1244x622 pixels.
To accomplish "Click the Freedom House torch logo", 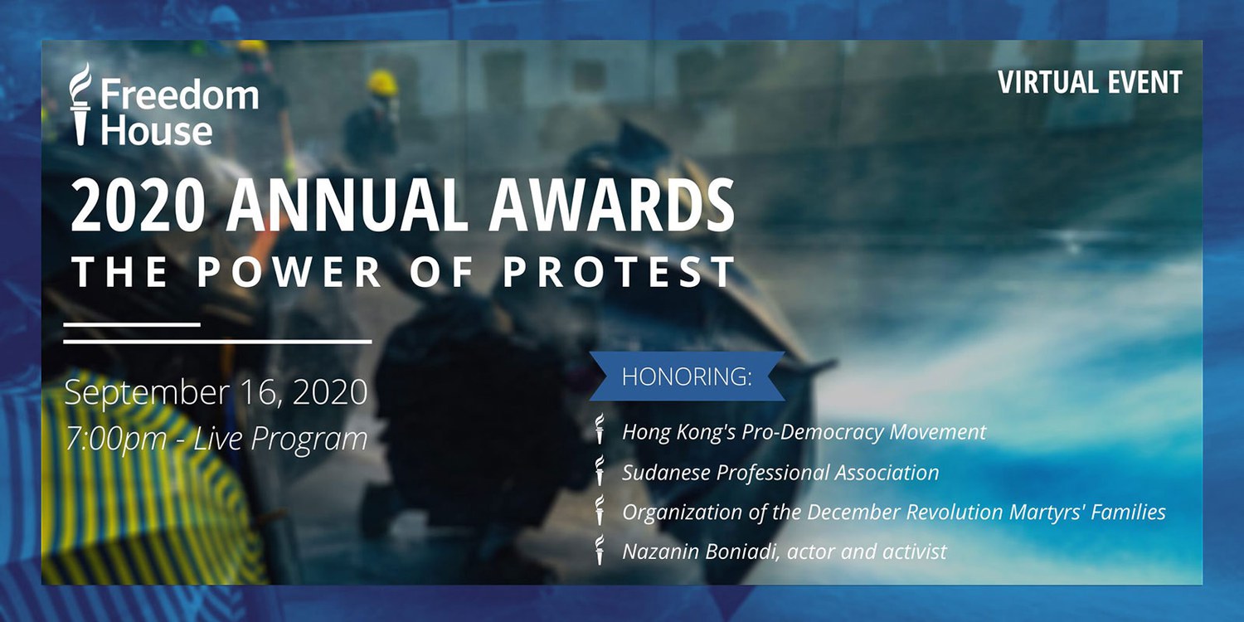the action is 80,104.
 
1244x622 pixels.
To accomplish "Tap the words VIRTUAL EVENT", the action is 1091,83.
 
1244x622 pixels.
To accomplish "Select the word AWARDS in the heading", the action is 611,207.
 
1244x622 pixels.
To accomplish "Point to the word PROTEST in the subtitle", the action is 620,271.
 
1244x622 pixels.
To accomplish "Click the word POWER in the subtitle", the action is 289,271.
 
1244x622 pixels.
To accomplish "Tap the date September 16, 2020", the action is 216,392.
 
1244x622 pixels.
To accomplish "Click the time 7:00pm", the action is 116,438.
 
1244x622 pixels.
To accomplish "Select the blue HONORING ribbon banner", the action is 687,376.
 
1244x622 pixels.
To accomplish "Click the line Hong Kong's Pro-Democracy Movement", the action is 804,432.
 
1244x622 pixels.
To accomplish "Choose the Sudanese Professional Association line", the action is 780,473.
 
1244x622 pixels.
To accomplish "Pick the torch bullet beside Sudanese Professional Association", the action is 600,471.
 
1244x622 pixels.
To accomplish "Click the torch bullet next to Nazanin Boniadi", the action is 600,550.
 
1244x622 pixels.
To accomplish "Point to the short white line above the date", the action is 132,324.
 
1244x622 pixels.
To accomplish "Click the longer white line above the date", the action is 217,342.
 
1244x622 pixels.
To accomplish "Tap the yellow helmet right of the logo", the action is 381,83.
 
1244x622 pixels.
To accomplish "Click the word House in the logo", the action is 157,131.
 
